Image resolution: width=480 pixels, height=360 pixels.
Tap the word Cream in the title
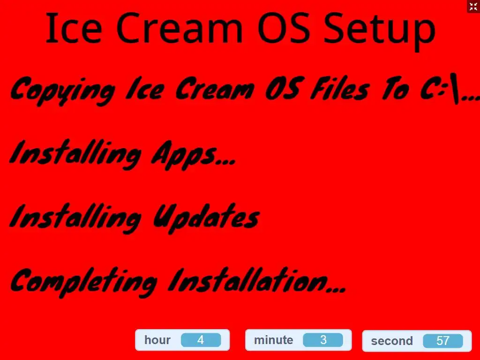click(180, 28)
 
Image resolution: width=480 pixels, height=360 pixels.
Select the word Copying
click(63, 90)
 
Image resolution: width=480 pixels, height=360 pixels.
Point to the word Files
click(340, 89)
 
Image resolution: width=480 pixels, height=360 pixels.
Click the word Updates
click(206, 218)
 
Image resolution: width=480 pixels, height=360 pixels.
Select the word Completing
click(84, 282)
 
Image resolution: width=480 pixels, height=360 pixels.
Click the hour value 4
click(201, 340)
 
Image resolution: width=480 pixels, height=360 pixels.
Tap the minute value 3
click(323, 340)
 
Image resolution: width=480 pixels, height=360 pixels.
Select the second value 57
click(442, 341)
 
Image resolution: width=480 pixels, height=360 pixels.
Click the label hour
click(157, 340)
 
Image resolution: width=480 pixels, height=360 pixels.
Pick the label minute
click(273, 340)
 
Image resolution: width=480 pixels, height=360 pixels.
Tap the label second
click(392, 341)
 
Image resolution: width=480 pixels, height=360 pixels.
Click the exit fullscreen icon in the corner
click(473, 7)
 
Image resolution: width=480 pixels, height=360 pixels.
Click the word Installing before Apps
click(75, 155)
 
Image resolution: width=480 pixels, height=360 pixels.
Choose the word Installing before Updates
click(75, 218)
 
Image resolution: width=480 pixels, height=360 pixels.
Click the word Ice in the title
click(74, 28)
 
